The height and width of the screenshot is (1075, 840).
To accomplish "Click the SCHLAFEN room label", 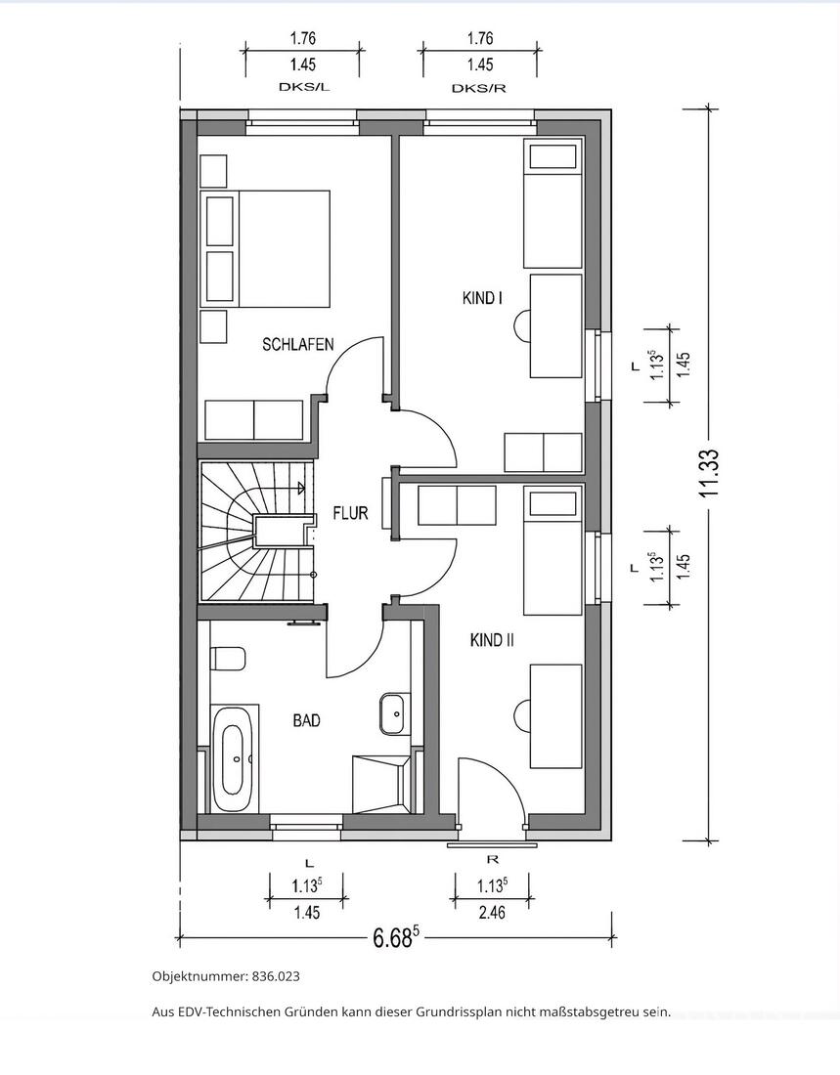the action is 298,344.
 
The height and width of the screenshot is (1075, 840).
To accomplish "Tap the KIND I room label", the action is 482,298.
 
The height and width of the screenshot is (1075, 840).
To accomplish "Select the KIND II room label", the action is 492,640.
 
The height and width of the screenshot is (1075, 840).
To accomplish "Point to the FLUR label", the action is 350,513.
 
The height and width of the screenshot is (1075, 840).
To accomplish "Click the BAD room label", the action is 306,720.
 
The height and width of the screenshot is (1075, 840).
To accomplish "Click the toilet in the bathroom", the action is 228,659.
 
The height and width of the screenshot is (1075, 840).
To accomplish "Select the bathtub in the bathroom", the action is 233,759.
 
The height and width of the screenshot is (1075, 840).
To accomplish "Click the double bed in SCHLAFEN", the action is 265,248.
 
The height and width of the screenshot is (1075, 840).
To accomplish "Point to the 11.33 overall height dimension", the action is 710,473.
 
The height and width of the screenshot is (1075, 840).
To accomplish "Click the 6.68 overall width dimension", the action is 395,937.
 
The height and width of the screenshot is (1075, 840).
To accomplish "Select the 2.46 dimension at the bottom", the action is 491,913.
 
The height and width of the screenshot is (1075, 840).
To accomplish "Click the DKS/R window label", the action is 479,88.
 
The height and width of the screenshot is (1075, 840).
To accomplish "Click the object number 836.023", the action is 276,976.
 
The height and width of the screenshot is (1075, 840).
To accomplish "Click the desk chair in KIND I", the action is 522,325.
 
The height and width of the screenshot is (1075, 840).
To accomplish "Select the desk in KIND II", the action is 555,715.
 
